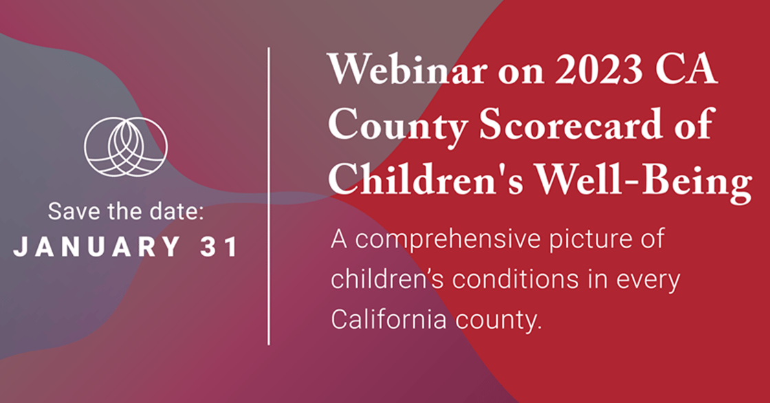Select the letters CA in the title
click(687, 69)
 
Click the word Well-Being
click(643, 181)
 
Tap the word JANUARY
click(97, 247)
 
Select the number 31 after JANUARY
click(219, 247)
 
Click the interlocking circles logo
click(126, 146)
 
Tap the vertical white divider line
click(269, 196)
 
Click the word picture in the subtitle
click(586, 240)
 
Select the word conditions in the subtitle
click(516, 279)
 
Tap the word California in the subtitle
click(388, 320)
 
